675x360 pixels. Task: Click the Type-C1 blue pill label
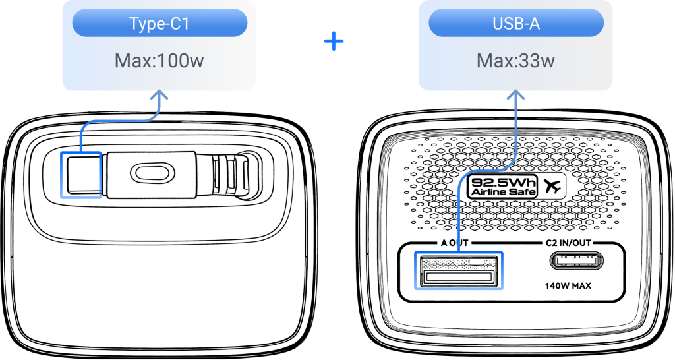(160, 23)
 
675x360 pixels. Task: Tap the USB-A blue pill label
(516, 23)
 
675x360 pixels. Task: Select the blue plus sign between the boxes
(334, 42)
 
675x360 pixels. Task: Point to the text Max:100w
(160, 61)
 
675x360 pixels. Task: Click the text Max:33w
(516, 61)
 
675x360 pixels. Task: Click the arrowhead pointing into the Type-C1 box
(159, 96)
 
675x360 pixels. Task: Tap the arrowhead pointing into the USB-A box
(516, 96)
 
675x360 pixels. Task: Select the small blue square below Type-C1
(81, 175)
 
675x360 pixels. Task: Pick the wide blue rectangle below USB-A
(459, 270)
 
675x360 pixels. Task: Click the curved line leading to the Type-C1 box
(119, 121)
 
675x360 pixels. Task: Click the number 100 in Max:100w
(173, 61)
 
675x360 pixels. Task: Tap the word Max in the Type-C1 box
(132, 61)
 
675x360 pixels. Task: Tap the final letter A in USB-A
(535, 23)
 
